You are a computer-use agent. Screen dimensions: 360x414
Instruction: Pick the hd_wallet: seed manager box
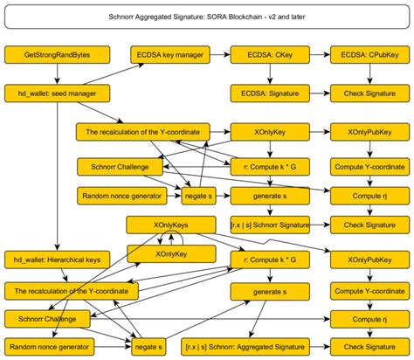click(x=57, y=92)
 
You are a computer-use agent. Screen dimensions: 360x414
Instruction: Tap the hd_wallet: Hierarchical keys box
click(x=57, y=259)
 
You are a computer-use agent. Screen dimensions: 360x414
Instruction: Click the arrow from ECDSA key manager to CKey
click(x=218, y=55)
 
